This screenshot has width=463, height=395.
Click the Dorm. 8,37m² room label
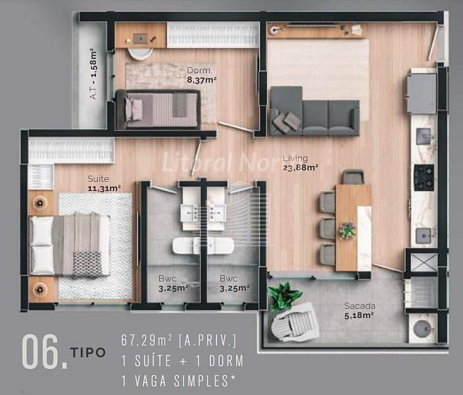tap(202, 76)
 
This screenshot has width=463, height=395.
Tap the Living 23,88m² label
tap(301, 163)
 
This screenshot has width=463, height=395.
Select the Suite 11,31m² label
tap(104, 184)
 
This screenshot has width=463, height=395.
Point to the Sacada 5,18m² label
tap(360, 311)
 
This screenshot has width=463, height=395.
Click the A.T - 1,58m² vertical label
tap(93, 74)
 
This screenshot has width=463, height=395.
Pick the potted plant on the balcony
tap(283, 296)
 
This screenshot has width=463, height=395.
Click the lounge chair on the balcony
tap(295, 323)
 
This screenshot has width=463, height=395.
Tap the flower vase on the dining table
tap(347, 230)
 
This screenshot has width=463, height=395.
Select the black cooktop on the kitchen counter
tap(424, 177)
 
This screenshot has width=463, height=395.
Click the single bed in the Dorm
tap(158, 109)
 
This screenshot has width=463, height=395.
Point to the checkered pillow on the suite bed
tap(87, 264)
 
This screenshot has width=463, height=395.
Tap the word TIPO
tap(87, 352)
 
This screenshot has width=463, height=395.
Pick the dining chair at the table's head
tap(353, 176)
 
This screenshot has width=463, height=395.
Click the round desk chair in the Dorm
tap(140, 53)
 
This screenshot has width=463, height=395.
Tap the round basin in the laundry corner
tap(424, 329)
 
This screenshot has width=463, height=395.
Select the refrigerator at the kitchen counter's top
tap(422, 93)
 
